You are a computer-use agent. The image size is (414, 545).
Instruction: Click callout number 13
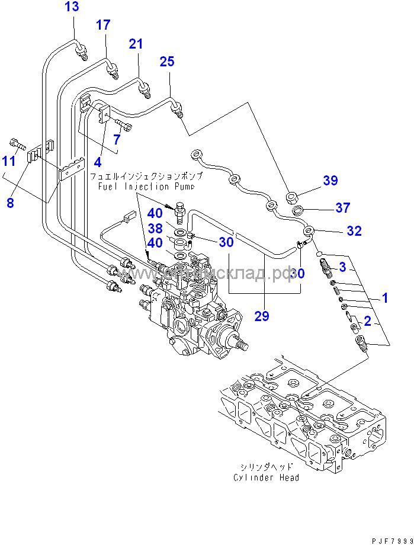point(71,7)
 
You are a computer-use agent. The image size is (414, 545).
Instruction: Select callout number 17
point(103,25)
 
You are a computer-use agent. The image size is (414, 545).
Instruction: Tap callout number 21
point(136,43)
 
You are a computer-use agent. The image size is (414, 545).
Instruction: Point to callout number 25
point(167,61)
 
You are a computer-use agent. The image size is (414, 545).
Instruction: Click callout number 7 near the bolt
point(117,139)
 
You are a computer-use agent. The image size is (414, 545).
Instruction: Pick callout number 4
point(97,162)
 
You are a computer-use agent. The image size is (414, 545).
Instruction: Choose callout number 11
point(8,161)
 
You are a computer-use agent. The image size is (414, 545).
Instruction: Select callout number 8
point(9,203)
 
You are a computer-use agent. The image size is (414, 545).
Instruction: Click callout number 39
point(329,181)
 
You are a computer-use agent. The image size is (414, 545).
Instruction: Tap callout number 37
point(342,207)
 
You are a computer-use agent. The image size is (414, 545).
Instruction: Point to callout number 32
point(354,231)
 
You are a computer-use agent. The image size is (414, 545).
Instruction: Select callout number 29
point(262,317)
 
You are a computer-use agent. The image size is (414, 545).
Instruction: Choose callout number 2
point(367,321)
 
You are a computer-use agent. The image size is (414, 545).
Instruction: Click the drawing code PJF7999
point(391,540)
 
